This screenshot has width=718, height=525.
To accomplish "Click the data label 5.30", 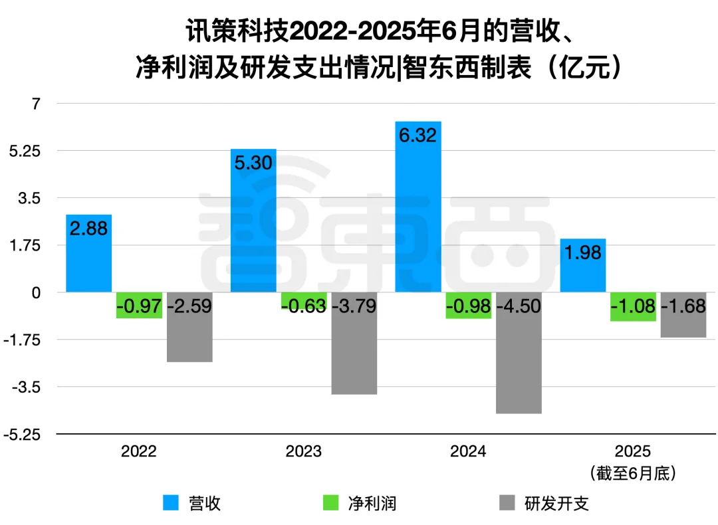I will click(x=253, y=163).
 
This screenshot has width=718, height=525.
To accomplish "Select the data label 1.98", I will click(x=583, y=253).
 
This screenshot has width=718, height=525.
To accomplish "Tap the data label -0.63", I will click(x=304, y=306).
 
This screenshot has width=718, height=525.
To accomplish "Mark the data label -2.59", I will click(x=189, y=306).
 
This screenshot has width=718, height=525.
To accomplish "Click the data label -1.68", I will click(x=683, y=306).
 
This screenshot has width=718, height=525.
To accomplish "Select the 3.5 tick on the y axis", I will click(x=30, y=198).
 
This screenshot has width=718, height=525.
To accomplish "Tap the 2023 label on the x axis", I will click(x=303, y=452).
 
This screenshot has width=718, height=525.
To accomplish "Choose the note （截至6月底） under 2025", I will click(x=633, y=473).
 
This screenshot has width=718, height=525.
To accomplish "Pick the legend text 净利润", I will click(x=372, y=503).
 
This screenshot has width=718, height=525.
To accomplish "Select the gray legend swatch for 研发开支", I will click(x=507, y=503).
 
